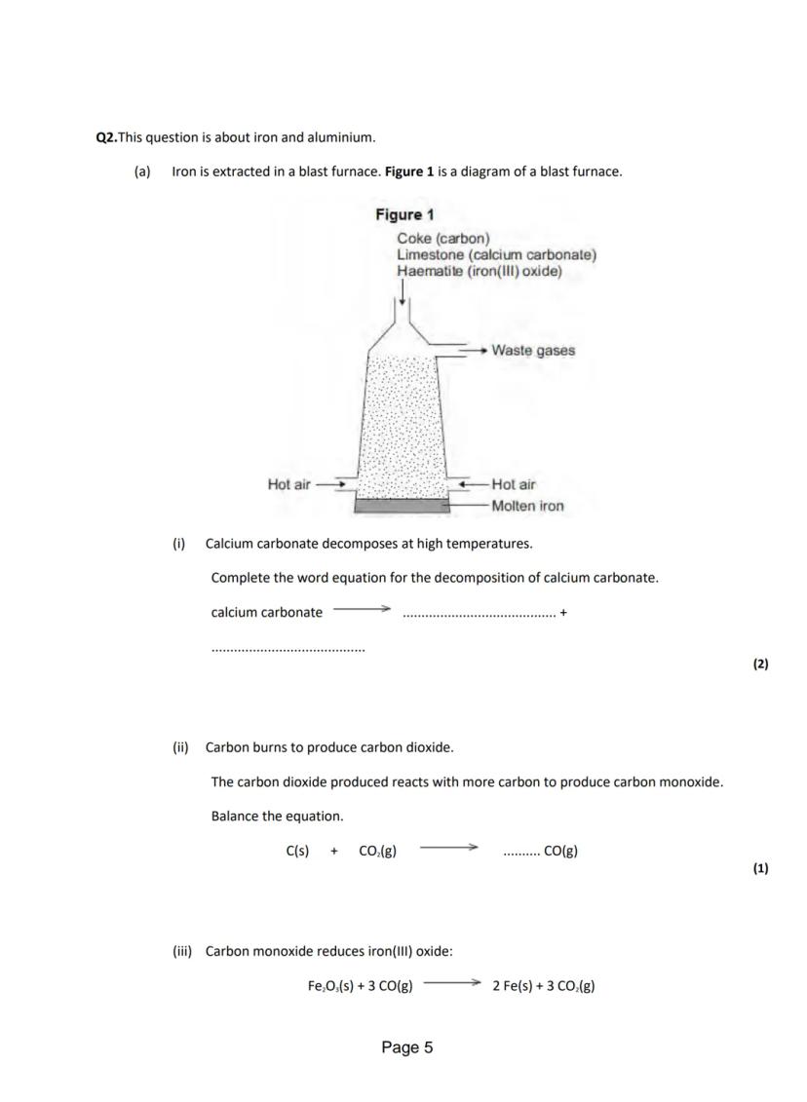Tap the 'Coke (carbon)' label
443,239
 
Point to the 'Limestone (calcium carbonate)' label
497,255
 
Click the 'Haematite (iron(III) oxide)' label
480,271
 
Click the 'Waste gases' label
533,350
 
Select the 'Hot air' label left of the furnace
289,484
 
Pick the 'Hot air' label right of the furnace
514,484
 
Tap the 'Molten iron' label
527,506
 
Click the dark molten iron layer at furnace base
401,506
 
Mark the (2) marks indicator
760,665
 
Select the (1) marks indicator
760,868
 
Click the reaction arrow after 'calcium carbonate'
362,611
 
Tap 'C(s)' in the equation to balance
297,851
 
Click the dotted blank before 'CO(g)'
520,853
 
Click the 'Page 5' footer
407,1047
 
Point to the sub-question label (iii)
182,951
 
